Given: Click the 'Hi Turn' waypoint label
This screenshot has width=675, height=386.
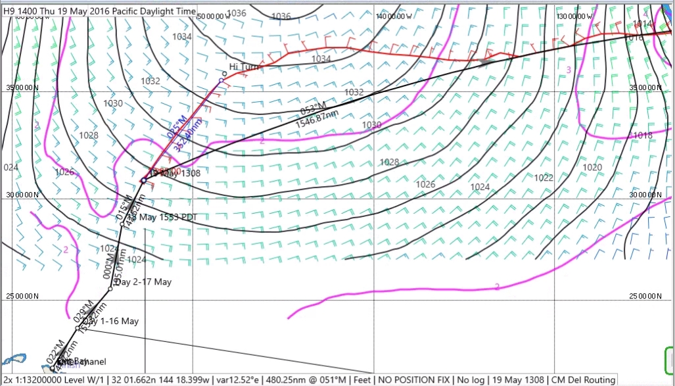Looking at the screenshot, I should pyautogui.click(x=244, y=67).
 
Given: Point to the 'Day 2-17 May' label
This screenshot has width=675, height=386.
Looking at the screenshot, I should pyautogui.click(x=143, y=282).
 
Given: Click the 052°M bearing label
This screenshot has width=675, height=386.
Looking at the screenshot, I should pyautogui.click(x=313, y=109).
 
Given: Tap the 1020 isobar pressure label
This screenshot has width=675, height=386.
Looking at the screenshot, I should pyautogui.click(x=592, y=168).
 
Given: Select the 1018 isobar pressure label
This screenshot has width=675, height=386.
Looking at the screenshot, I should pyautogui.click(x=642, y=135).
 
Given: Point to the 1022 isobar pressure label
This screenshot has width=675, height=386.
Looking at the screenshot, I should pyautogui.click(x=543, y=178).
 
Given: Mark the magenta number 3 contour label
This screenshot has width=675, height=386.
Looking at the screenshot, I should pyautogui.click(x=569, y=70).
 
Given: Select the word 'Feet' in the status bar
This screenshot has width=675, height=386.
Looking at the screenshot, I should pyautogui.click(x=360, y=379).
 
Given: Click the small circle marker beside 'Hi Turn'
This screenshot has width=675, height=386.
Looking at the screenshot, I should pyautogui.click(x=224, y=74).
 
